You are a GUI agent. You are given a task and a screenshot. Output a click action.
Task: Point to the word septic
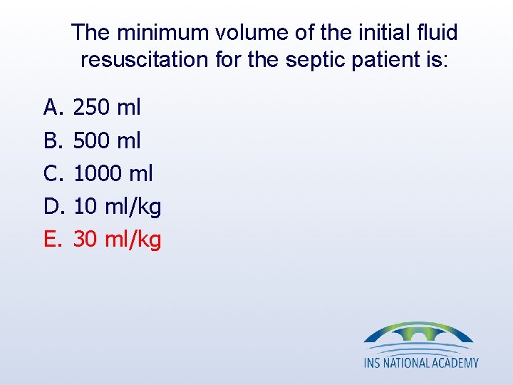(x=315, y=60)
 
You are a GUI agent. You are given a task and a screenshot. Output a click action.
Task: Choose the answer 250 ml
(x=107, y=108)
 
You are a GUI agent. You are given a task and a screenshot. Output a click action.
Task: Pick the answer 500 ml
(x=107, y=140)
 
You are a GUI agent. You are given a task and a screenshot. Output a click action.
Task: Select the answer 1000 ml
(x=113, y=173)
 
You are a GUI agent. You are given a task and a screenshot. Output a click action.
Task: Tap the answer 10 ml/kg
(x=118, y=207)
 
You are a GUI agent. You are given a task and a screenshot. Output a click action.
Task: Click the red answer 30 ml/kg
(x=118, y=240)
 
